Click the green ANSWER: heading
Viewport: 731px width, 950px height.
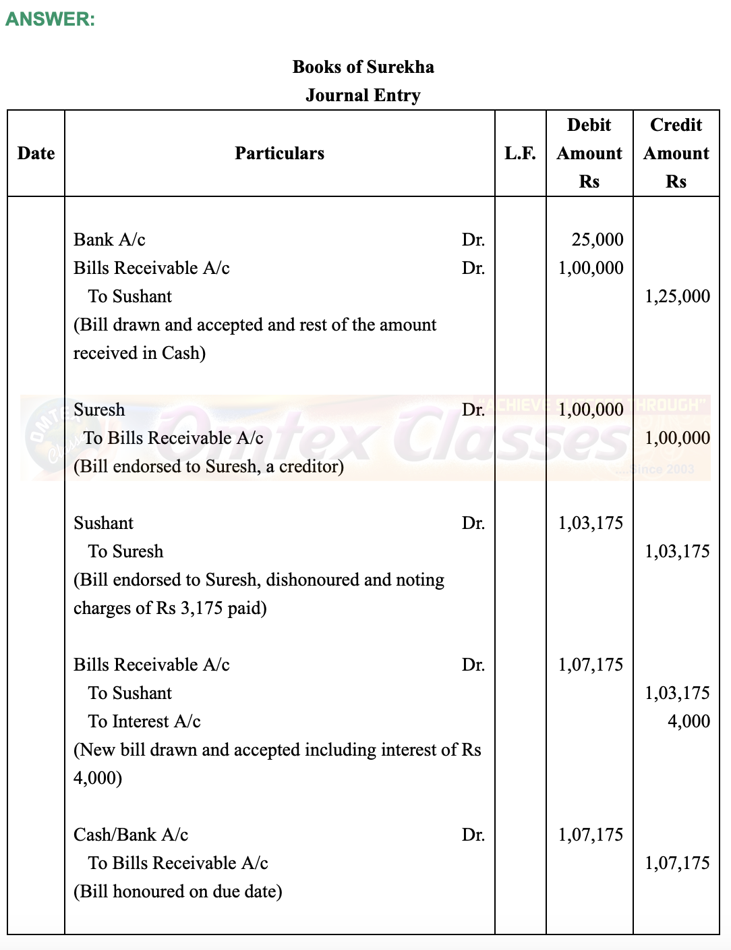pyautogui.click(x=50, y=19)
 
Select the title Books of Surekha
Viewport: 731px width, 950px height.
pyautogui.click(x=363, y=67)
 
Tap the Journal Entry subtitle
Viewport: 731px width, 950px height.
pyautogui.click(x=363, y=95)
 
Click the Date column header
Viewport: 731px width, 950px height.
pyautogui.click(x=36, y=153)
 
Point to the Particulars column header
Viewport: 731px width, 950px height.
pyautogui.click(x=279, y=153)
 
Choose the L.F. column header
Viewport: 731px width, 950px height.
pyautogui.click(x=520, y=153)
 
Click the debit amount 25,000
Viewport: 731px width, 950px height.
pyautogui.click(x=597, y=240)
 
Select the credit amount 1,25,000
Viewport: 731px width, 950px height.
pyautogui.click(x=677, y=296)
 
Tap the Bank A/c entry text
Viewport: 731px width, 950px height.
pyautogui.click(x=109, y=240)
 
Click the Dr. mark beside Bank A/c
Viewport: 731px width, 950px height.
pyautogui.click(x=473, y=240)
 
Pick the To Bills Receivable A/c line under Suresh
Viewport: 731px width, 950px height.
pyautogui.click(x=173, y=438)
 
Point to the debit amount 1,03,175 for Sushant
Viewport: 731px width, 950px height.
pyautogui.click(x=591, y=523)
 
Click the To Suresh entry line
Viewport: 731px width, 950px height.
pyautogui.click(x=125, y=551)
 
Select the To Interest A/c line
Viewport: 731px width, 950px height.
pyautogui.click(x=144, y=721)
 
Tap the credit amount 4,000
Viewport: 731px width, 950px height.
pyautogui.click(x=689, y=721)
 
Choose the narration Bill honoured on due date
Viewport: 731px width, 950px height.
pyautogui.click(x=178, y=891)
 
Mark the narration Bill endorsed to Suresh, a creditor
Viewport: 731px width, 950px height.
pyautogui.click(x=208, y=466)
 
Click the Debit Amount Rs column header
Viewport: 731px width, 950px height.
pyautogui.click(x=589, y=153)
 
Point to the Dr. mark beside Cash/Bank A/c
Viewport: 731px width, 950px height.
pyautogui.click(x=473, y=835)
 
